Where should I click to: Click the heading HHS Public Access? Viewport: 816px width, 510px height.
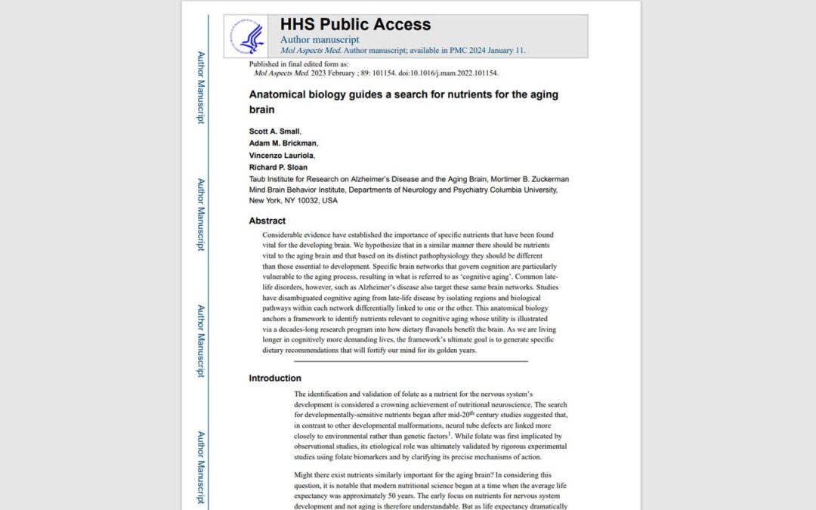355,24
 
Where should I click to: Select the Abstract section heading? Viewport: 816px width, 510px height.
267,221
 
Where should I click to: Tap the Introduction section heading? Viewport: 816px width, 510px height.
275,378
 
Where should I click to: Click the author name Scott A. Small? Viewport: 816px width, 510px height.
274,131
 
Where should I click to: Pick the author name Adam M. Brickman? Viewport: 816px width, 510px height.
283,143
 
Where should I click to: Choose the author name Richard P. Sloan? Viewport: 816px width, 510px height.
279,167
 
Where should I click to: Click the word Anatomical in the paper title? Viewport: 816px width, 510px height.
278,95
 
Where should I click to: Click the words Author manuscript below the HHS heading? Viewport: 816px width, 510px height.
320,39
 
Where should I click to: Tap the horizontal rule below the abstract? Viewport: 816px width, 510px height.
400,361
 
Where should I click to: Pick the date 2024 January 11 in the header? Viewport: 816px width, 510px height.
494,51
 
